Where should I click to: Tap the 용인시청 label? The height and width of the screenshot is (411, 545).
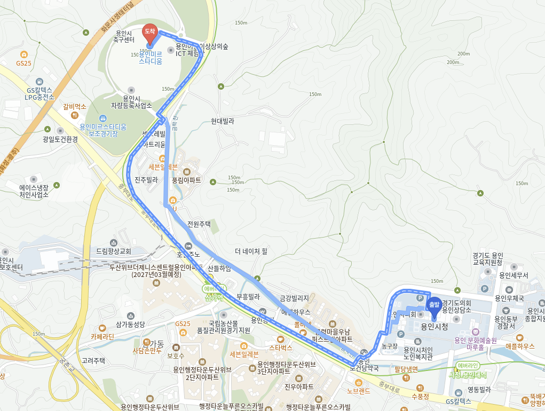[434, 326]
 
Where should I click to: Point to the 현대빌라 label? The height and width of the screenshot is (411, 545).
[223, 121]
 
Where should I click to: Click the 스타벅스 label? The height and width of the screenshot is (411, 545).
[280, 347]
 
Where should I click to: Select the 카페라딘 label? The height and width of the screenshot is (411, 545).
[102, 337]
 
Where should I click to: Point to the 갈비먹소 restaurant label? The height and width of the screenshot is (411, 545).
[75, 107]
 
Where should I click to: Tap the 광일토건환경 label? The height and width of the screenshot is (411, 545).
[60, 139]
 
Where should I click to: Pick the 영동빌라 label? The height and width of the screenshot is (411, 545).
[479, 390]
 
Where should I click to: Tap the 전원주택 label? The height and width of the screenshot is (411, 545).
[199, 224]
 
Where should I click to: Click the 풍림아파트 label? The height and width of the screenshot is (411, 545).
[186, 180]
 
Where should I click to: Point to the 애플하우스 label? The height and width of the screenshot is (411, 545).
[519, 346]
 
